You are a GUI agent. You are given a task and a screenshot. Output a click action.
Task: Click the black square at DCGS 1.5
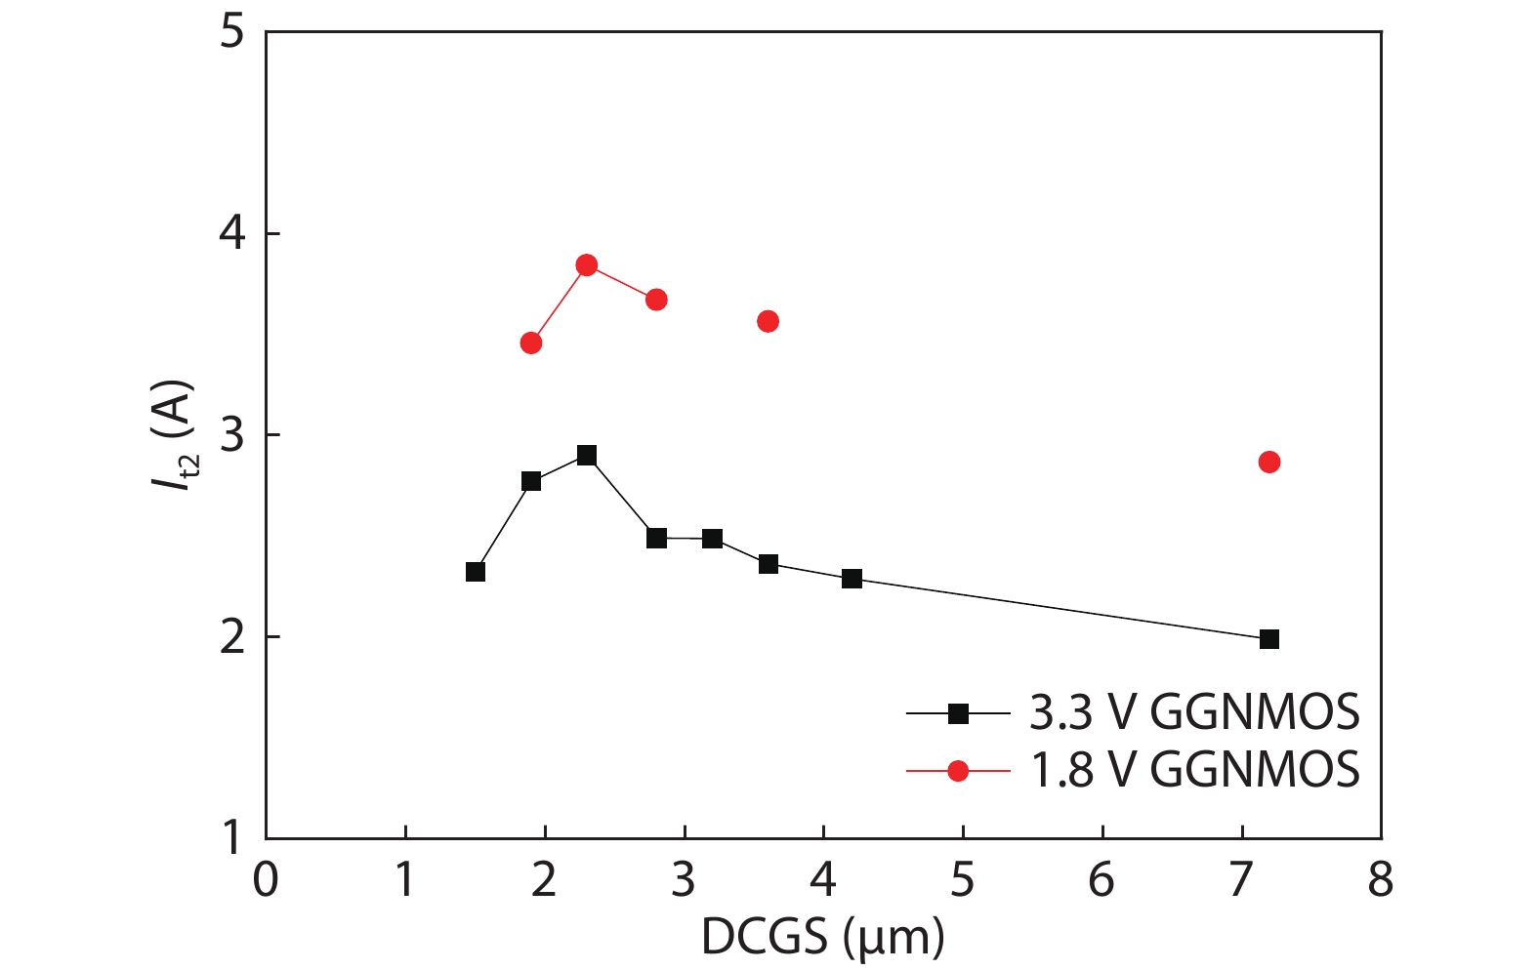(x=476, y=572)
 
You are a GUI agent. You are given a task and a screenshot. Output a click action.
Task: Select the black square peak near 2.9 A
(x=587, y=456)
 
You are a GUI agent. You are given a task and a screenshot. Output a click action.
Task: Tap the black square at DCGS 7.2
(x=1269, y=639)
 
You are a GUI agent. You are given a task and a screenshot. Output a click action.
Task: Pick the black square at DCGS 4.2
(x=852, y=579)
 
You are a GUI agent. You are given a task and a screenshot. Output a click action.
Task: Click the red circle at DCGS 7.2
(x=1269, y=462)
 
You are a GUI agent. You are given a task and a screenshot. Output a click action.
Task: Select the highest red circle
(x=587, y=265)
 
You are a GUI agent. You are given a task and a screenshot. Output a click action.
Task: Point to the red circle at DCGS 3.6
(x=768, y=321)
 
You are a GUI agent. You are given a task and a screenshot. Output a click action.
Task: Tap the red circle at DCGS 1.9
(x=531, y=343)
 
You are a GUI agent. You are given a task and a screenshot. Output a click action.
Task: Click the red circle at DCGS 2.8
(x=656, y=300)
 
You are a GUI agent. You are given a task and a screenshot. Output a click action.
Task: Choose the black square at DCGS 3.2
(x=712, y=539)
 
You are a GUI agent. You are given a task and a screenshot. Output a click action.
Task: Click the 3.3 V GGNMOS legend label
(x=1194, y=713)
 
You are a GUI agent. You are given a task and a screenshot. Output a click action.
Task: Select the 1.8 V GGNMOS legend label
(x=1194, y=770)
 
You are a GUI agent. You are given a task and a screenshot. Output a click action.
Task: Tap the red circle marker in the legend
(x=958, y=771)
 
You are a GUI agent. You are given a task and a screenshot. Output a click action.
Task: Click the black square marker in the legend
(x=958, y=714)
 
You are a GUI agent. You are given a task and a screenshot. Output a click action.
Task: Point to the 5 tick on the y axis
(x=231, y=32)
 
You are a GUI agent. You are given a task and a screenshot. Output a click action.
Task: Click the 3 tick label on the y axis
(x=231, y=435)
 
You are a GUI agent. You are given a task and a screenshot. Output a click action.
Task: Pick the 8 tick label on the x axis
(x=1381, y=880)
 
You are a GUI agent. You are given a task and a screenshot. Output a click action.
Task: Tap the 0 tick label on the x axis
(x=266, y=880)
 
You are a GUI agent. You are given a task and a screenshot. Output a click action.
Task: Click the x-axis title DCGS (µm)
(x=822, y=938)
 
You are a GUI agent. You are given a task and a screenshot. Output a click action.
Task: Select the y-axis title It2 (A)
(x=177, y=435)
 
